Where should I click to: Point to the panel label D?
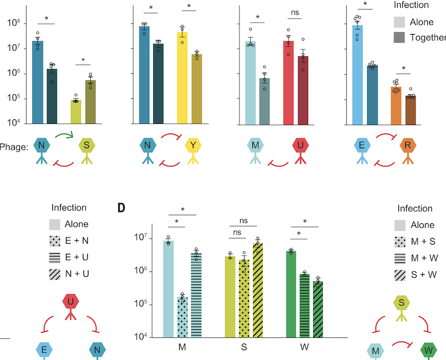coord(121,208)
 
